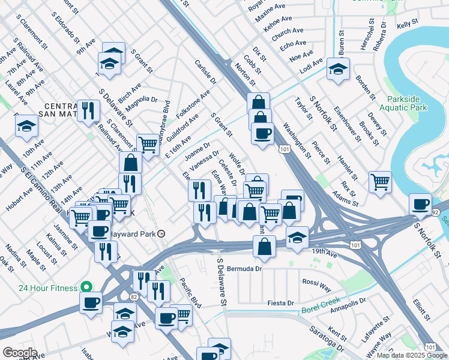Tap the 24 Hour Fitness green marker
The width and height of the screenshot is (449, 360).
pos(86,287)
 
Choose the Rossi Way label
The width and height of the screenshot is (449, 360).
pos(316,282)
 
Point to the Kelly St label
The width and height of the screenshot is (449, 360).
pos(407,24)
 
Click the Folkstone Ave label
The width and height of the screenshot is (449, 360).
pos(193,104)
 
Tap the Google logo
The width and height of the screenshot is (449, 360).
pos(20,353)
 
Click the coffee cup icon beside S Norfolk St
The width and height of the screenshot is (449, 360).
pos(420,204)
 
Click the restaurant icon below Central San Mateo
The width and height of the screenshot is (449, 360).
pos(88,110)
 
